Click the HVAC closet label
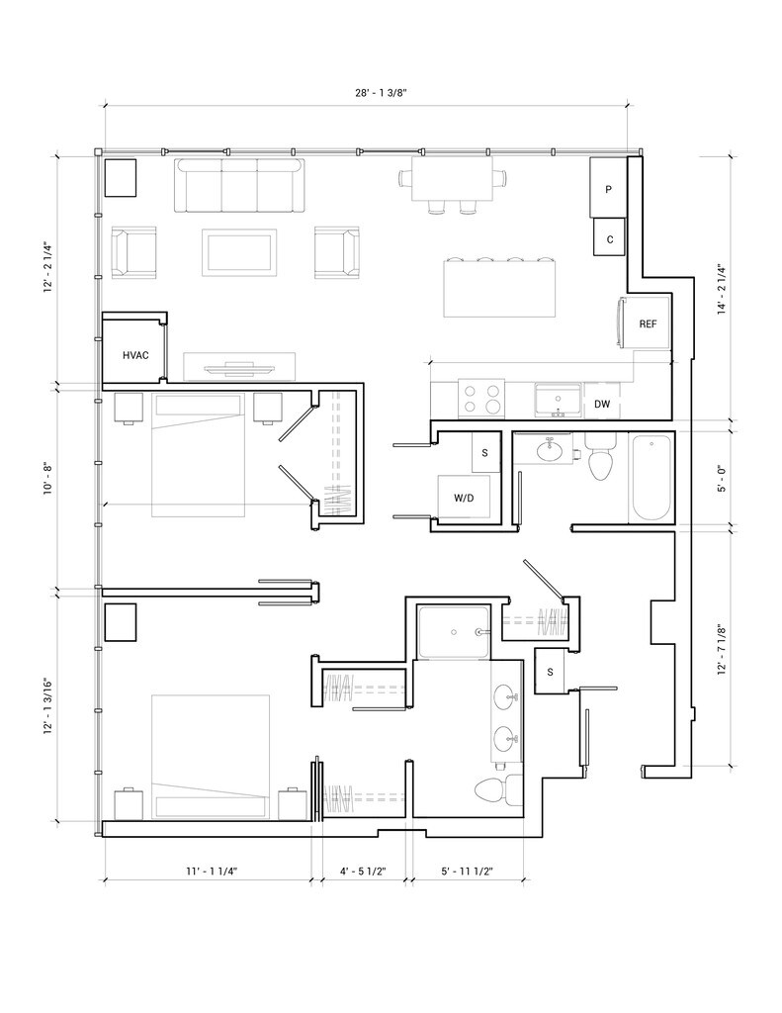[x=135, y=355]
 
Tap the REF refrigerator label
[x=648, y=323]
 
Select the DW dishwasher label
[x=602, y=405]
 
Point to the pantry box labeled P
[x=608, y=188]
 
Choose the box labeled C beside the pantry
[x=610, y=237]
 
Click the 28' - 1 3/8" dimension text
[x=381, y=92]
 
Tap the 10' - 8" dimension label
[x=45, y=478]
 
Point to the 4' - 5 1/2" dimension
[x=363, y=871]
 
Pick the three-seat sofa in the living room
[x=239, y=185]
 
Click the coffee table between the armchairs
[x=239, y=252]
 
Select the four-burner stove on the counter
[x=481, y=399]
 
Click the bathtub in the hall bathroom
[x=651, y=478]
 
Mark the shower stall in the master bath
[x=453, y=632]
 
